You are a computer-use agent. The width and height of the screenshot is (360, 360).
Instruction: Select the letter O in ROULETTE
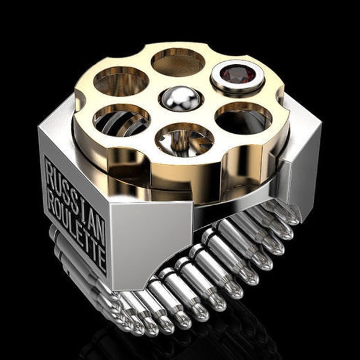pos(59,211)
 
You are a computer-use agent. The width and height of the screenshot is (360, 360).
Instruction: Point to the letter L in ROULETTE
pos(74,229)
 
